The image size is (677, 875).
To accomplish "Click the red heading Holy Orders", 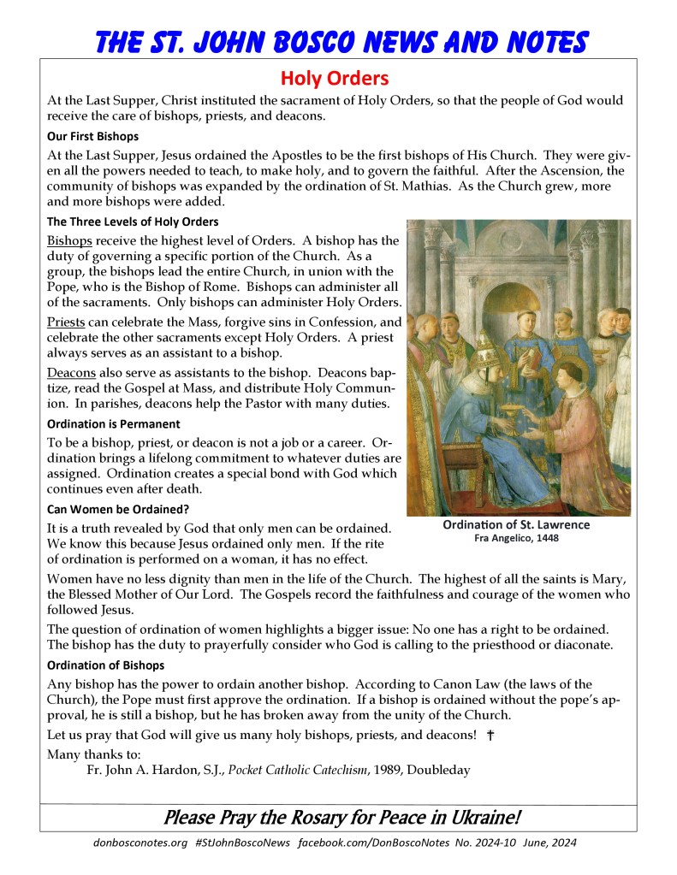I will (336, 79).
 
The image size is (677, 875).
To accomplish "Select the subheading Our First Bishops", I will (92, 136).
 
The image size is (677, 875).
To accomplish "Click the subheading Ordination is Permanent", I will (114, 423).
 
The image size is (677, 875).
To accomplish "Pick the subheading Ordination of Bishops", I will (106, 665).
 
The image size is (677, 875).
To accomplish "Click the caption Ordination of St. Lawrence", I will (516, 525).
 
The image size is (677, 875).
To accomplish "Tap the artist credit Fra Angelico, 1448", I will (516, 539).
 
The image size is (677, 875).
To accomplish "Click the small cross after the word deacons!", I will (490, 735).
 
